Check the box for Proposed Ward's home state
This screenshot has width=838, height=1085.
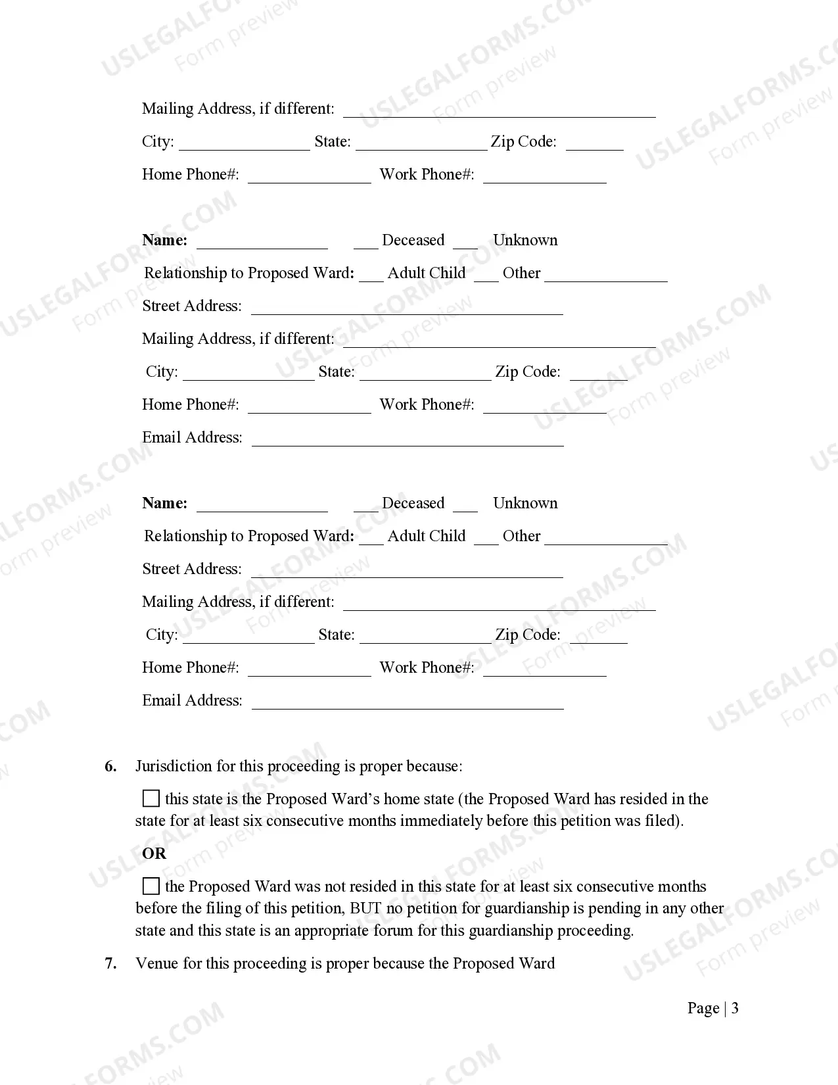pyautogui.click(x=151, y=799)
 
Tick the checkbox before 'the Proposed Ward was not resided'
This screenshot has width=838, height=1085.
pyautogui.click(x=151, y=886)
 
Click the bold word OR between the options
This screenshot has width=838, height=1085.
pyautogui.click(x=154, y=854)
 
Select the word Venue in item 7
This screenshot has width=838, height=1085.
pyautogui.click(x=156, y=963)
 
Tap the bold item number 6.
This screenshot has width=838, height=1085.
pyautogui.click(x=110, y=766)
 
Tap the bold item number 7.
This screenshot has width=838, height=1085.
pyautogui.click(x=110, y=963)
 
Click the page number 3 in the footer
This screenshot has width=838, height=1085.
pyautogui.click(x=735, y=1008)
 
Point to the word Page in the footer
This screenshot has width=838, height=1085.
pyautogui.click(x=703, y=1008)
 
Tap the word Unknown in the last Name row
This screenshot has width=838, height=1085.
pyautogui.click(x=525, y=503)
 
